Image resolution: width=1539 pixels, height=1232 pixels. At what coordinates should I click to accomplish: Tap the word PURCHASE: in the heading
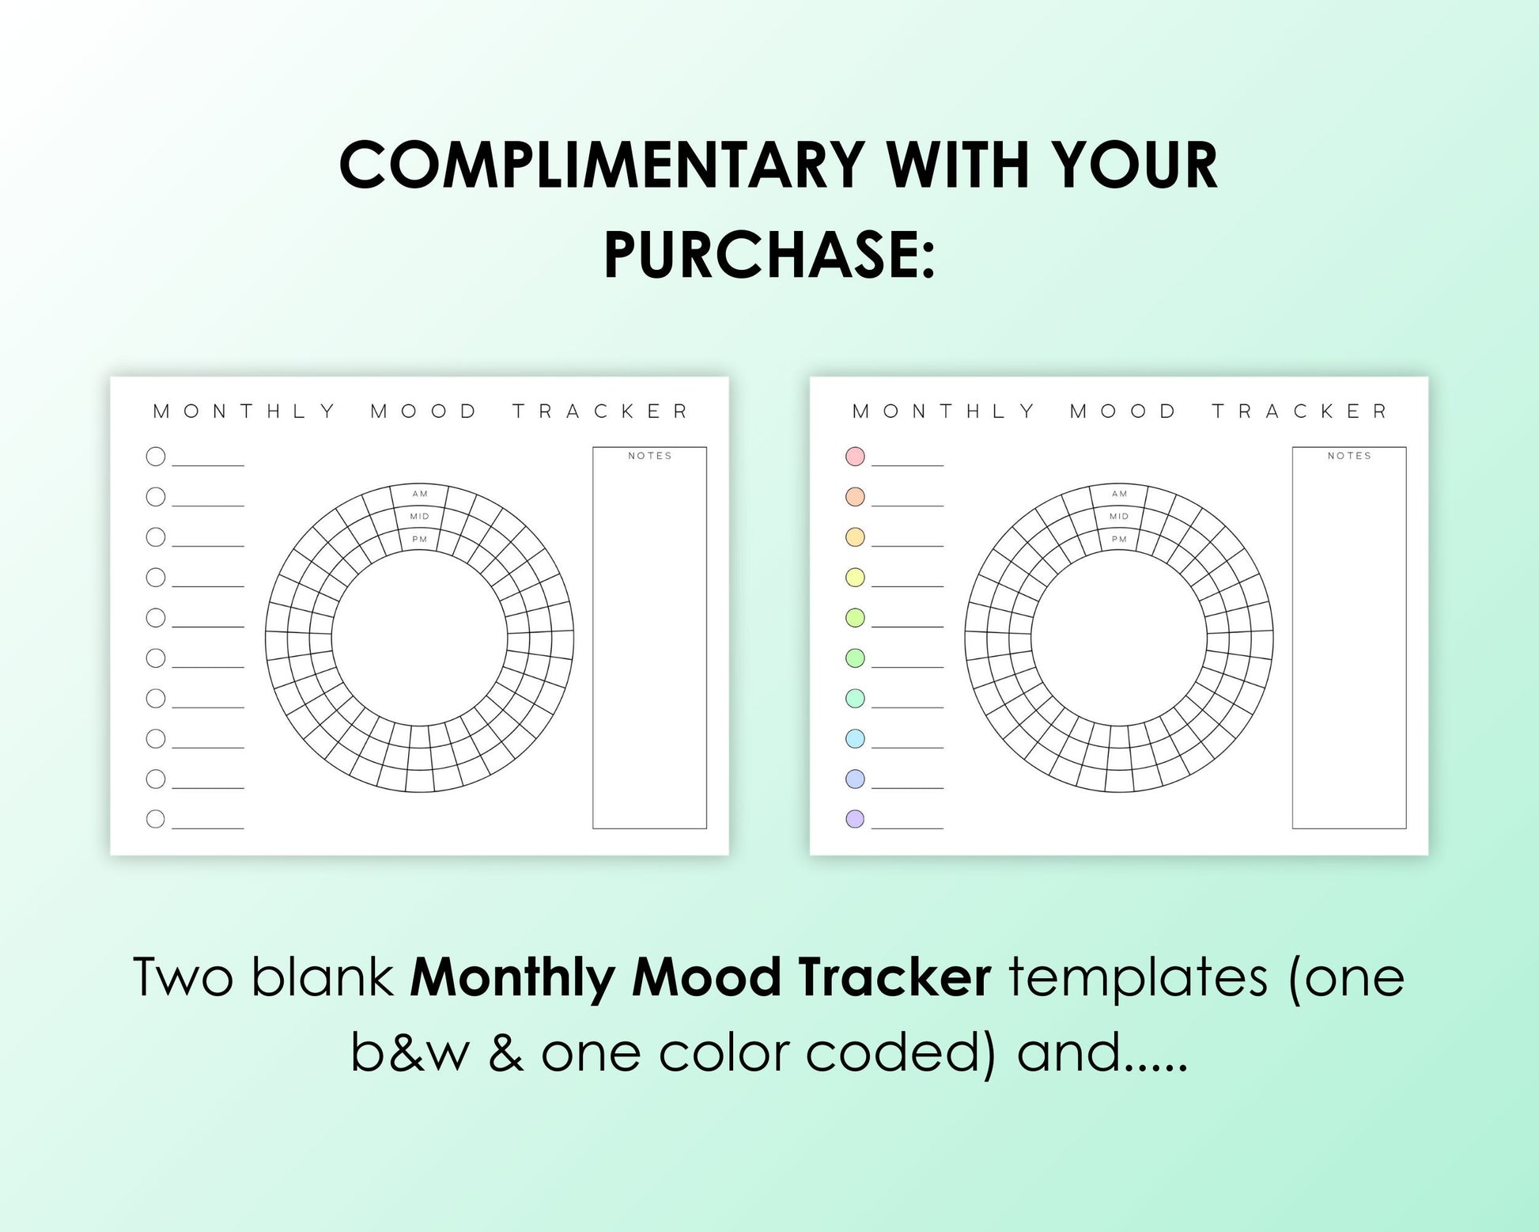(x=769, y=255)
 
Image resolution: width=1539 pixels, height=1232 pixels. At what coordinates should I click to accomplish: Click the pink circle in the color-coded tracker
(x=855, y=456)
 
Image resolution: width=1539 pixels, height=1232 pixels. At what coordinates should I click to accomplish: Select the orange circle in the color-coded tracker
(x=855, y=496)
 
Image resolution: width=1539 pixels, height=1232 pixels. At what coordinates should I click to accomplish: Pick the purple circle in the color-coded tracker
(x=855, y=819)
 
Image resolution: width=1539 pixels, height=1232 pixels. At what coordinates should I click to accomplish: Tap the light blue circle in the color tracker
(x=855, y=738)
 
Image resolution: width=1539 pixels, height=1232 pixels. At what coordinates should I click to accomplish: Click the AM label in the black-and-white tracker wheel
(x=420, y=494)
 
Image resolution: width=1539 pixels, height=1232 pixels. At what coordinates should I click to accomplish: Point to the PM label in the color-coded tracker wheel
(x=1119, y=540)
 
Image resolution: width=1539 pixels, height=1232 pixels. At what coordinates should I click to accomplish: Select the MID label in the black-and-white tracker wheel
(x=420, y=517)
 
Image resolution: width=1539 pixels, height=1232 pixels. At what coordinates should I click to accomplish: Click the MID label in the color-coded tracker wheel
(x=1119, y=517)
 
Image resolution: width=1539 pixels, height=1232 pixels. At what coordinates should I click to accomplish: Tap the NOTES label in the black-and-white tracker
(x=650, y=456)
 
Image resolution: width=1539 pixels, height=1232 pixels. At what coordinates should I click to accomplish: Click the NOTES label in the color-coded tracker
(x=1349, y=456)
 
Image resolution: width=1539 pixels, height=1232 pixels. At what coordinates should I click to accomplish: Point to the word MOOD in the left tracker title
(x=424, y=411)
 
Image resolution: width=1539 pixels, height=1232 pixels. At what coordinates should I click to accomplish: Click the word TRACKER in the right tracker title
(x=1300, y=411)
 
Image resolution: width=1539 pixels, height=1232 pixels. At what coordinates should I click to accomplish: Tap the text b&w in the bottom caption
(x=410, y=1052)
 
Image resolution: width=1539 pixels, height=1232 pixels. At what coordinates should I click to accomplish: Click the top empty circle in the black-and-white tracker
(x=156, y=456)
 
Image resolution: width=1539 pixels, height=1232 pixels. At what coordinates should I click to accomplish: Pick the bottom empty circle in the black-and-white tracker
(x=156, y=819)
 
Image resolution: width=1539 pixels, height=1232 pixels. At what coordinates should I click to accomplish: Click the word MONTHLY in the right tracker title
(x=943, y=411)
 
